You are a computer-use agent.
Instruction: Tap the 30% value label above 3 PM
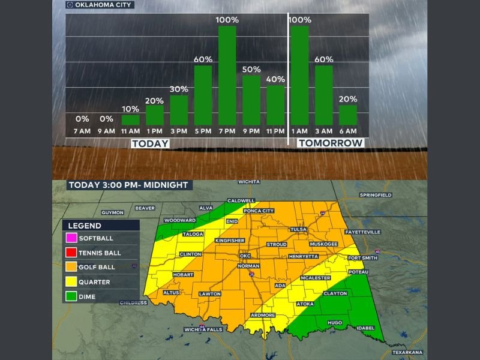pos(179,89)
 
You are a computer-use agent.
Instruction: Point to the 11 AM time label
pos(130,131)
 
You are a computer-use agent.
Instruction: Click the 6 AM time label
pos(347,131)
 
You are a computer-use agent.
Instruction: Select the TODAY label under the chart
pos(150,143)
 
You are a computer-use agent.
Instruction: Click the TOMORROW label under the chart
pos(331,143)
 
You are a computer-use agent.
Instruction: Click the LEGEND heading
pos(85,226)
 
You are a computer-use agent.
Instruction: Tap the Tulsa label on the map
pos(298,230)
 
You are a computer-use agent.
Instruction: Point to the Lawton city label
pos(210,294)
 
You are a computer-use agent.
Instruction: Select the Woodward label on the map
pos(180,220)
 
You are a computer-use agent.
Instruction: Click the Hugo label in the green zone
pos(335,322)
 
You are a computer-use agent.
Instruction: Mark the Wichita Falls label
pos(204,331)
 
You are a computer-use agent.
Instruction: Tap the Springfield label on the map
pos(376,196)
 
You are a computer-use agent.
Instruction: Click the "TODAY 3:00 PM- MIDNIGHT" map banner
pos(128,185)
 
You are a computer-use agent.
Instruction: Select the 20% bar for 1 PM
pos(155,115)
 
